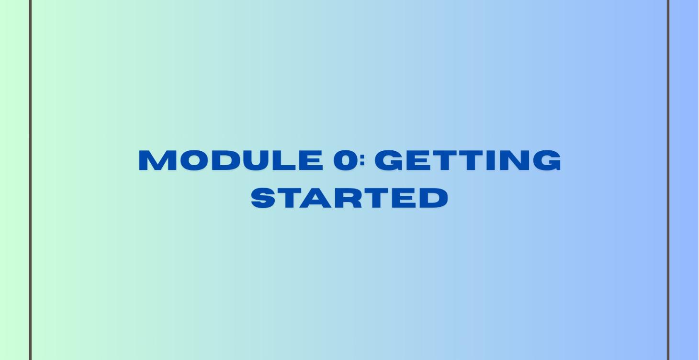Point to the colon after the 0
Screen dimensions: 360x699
(x=362, y=161)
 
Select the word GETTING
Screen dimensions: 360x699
(x=468, y=160)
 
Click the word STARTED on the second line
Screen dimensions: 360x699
(x=349, y=198)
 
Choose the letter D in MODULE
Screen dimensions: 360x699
(x=224, y=160)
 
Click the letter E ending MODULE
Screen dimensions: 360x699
(x=310, y=160)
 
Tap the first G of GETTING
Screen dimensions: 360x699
(x=390, y=160)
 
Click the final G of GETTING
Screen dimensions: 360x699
(x=546, y=160)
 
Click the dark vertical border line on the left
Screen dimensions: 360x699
(x=30, y=180)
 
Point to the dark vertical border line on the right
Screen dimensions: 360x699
(x=668, y=180)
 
